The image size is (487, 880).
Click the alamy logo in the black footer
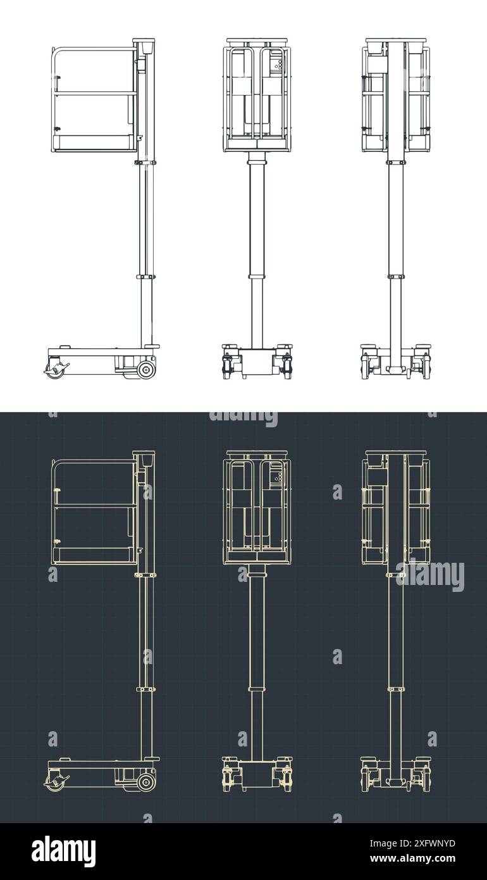tap(64, 852)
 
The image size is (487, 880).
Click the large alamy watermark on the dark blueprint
tap(430, 575)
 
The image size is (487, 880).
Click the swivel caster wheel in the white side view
tap(56, 370)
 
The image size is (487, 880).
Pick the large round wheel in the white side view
tap(146, 370)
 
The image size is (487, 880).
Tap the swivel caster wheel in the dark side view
tap(56, 783)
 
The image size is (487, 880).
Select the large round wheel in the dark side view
tap(146, 783)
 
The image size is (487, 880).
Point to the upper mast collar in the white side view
tap(145, 163)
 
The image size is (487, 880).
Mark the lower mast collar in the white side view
tap(145, 277)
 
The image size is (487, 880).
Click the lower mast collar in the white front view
tap(257, 277)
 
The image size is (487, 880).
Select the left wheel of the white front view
tap(227, 367)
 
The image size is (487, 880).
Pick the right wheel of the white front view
tap(287, 367)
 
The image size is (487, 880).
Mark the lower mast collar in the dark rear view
tap(396, 689)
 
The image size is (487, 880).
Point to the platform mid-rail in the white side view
tap(95, 94)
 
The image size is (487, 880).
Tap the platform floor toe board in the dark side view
tap(95, 556)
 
